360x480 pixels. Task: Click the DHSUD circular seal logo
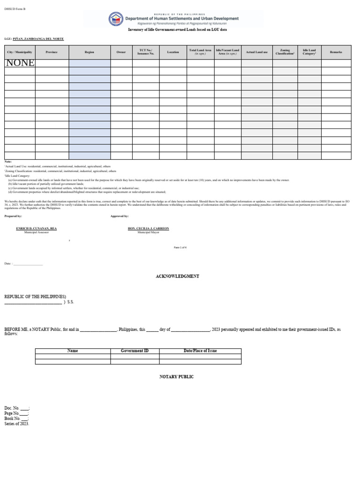115,19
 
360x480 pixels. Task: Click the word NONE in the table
20,63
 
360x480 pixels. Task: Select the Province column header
52,52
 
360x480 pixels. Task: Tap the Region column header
90,52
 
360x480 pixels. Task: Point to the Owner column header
121,52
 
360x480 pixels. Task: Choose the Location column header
173,52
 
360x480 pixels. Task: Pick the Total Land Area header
200,52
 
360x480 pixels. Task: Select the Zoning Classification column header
285,52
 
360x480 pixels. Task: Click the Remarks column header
336,52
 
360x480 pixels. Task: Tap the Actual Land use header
257,52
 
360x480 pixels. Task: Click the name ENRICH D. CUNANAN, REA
37,228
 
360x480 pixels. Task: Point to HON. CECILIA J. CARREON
148,228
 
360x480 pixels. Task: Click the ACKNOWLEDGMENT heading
177,277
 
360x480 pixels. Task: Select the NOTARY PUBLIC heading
176,377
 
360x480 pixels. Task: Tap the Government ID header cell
135,351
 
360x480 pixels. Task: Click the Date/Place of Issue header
200,351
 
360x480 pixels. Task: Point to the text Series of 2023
16,424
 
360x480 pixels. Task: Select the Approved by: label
119,216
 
